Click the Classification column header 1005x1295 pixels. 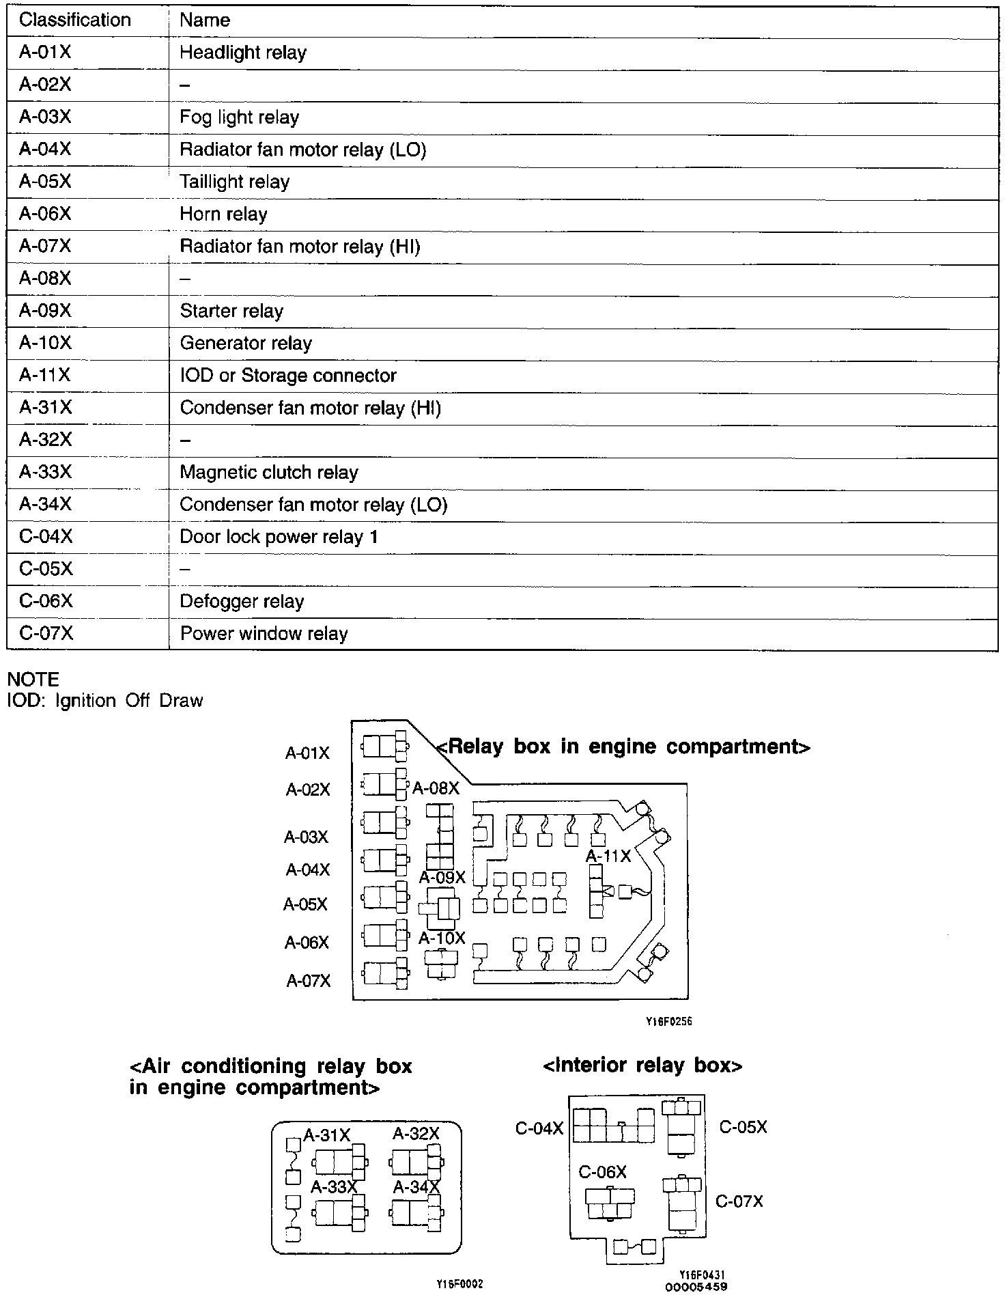pos(74,20)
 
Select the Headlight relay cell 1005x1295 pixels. pos(243,53)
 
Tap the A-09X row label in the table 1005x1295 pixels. pos(45,311)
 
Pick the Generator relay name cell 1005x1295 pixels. pos(246,343)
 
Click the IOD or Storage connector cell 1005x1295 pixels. pos(288,376)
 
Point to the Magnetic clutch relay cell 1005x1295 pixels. pos(269,473)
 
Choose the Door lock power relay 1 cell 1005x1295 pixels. pos(279,537)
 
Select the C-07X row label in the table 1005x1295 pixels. pos(46,634)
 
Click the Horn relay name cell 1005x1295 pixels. pos(223,214)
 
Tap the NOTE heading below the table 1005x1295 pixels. pos(33,680)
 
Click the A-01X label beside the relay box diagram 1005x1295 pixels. pos(307,753)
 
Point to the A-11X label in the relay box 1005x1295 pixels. pos(608,856)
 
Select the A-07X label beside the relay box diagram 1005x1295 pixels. pos(308,981)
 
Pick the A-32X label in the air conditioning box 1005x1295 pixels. pos(416,1134)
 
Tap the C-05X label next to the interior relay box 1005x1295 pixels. pos(743,1127)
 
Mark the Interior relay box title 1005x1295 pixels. pos(642,1065)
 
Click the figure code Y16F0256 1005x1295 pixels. pos(664,1022)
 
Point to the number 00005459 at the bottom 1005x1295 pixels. pos(696,1287)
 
